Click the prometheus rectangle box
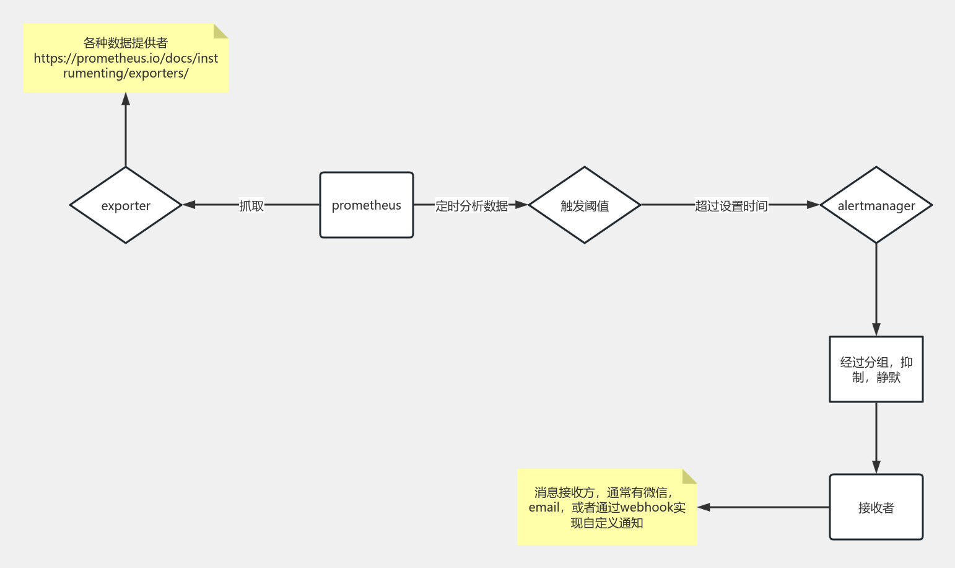[366, 205]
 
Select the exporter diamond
[126, 205]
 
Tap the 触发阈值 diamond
[584, 205]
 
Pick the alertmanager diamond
[876, 205]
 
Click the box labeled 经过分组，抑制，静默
[876, 370]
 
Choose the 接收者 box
[876, 507]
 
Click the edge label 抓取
[251, 205]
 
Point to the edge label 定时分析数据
[471, 205]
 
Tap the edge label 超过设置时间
[731, 205]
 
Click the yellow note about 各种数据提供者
[126, 58]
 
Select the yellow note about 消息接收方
[607, 507]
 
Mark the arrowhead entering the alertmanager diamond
[813, 205]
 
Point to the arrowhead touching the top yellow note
[126, 99]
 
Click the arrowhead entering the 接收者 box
[876, 467]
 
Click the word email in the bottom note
[544, 507]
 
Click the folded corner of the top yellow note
[222, 30]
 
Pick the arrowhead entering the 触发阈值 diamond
[521, 205]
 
